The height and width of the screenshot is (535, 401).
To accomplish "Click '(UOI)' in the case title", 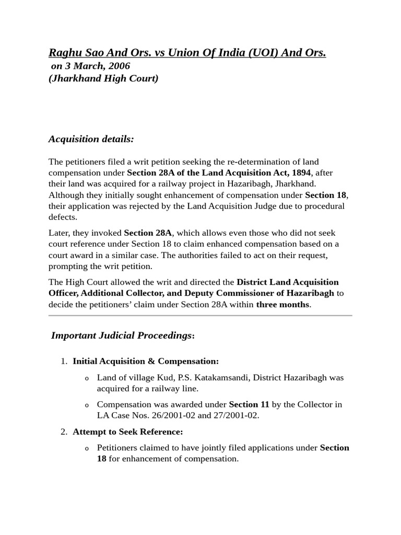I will (x=253, y=53).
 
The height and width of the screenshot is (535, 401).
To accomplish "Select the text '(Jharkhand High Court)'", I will (x=104, y=79).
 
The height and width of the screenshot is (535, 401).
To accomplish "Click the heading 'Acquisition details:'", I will (x=91, y=139).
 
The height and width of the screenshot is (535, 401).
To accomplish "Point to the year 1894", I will (x=300, y=172).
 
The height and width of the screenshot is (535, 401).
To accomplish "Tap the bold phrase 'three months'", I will (x=282, y=305).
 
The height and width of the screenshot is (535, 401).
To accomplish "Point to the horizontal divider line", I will (x=200, y=316).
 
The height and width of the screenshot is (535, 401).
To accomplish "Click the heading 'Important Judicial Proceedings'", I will (x=121, y=336).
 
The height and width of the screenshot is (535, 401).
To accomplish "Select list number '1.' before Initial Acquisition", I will (x=64, y=362).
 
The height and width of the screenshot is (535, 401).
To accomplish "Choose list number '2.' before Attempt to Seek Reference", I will (x=64, y=432).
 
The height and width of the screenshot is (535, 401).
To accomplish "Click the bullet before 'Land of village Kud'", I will (x=87, y=378).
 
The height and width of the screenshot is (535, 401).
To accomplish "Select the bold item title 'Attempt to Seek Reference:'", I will (x=128, y=432).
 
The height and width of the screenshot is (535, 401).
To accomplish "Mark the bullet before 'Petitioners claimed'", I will (x=87, y=449).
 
